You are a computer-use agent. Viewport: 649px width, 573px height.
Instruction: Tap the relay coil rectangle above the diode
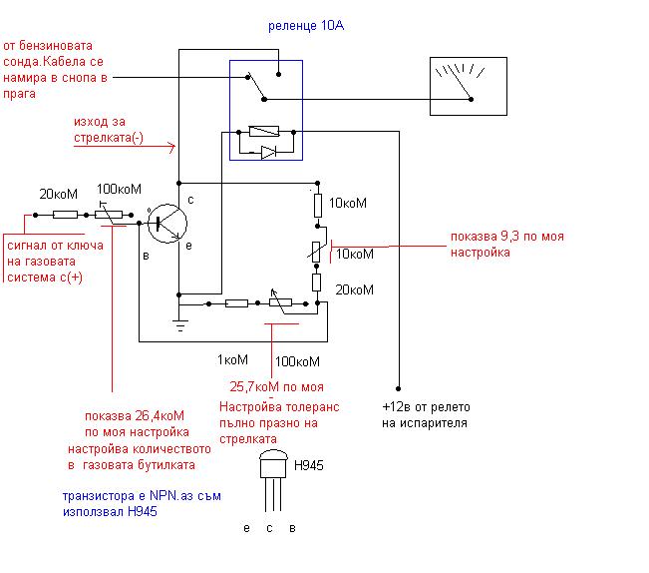pyautogui.click(x=268, y=131)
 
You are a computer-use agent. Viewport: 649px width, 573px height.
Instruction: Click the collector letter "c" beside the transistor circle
pyautogui.click(x=189, y=201)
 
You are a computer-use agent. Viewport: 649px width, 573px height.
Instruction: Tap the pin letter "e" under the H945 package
pyautogui.click(x=246, y=527)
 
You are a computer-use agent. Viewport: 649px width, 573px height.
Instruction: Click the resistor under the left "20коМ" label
pyautogui.click(x=65, y=215)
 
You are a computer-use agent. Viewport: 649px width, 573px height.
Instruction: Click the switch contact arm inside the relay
pyautogui.click(x=261, y=85)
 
